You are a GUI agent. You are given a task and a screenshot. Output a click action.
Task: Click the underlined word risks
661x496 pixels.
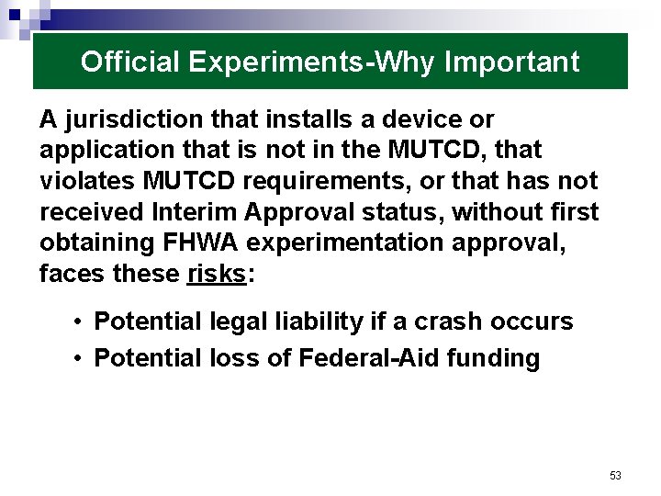tap(216, 274)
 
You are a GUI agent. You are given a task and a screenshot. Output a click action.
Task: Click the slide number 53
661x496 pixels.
tap(615, 475)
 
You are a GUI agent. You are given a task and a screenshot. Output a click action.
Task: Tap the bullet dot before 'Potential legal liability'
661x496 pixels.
tap(81, 322)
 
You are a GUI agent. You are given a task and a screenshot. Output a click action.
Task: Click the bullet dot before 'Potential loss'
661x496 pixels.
tap(81, 358)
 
